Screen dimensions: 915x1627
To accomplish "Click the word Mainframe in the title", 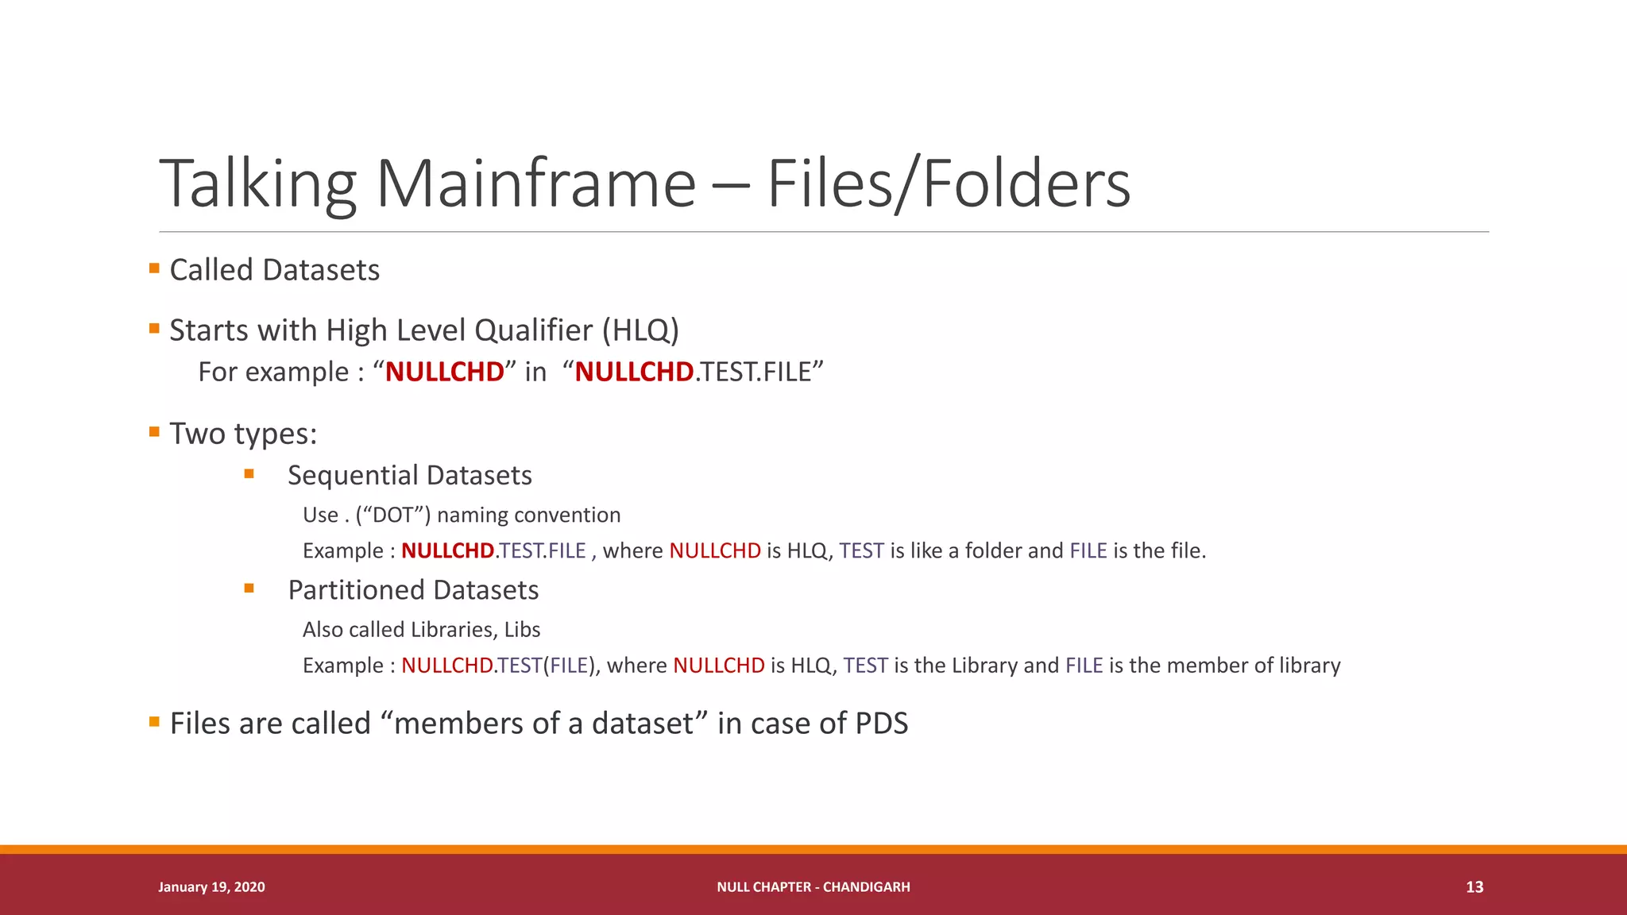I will point(535,184).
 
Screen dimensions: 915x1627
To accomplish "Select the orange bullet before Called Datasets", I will point(154,268).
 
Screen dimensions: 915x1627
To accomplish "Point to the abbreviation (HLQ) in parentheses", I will point(640,330).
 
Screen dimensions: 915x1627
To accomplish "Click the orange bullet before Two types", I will point(154,432).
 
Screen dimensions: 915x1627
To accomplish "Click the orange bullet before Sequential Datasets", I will point(249,474).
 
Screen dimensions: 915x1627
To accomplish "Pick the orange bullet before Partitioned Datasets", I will point(249,589).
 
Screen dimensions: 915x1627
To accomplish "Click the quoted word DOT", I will point(392,515).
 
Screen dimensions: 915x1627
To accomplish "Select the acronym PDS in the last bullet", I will point(881,724).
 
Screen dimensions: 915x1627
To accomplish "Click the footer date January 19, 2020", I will point(211,887).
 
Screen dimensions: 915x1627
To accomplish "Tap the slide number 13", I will point(1474,887).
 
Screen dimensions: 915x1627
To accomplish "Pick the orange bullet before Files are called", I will point(154,722).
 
